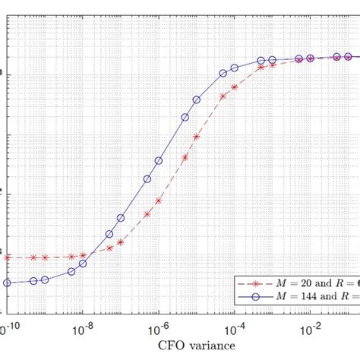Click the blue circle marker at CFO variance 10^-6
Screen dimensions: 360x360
159,161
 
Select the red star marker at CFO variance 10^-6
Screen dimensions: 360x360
159,201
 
